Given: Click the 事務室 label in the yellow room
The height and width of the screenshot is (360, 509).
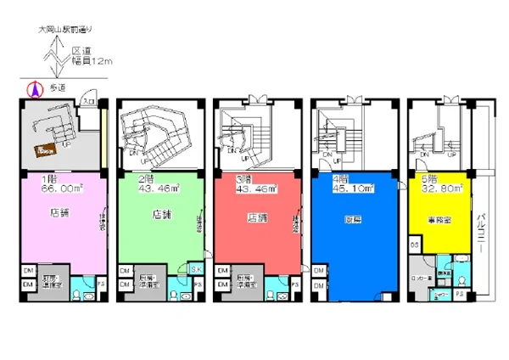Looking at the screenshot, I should click(438, 218).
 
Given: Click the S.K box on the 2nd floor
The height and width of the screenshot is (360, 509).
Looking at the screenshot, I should click(197, 269).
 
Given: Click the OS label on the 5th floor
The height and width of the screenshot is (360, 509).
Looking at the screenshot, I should click(415, 245).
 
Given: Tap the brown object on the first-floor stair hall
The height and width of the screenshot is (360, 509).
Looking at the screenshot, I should click(45, 150).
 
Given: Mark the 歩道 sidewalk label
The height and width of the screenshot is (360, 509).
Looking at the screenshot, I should click(58, 87).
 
